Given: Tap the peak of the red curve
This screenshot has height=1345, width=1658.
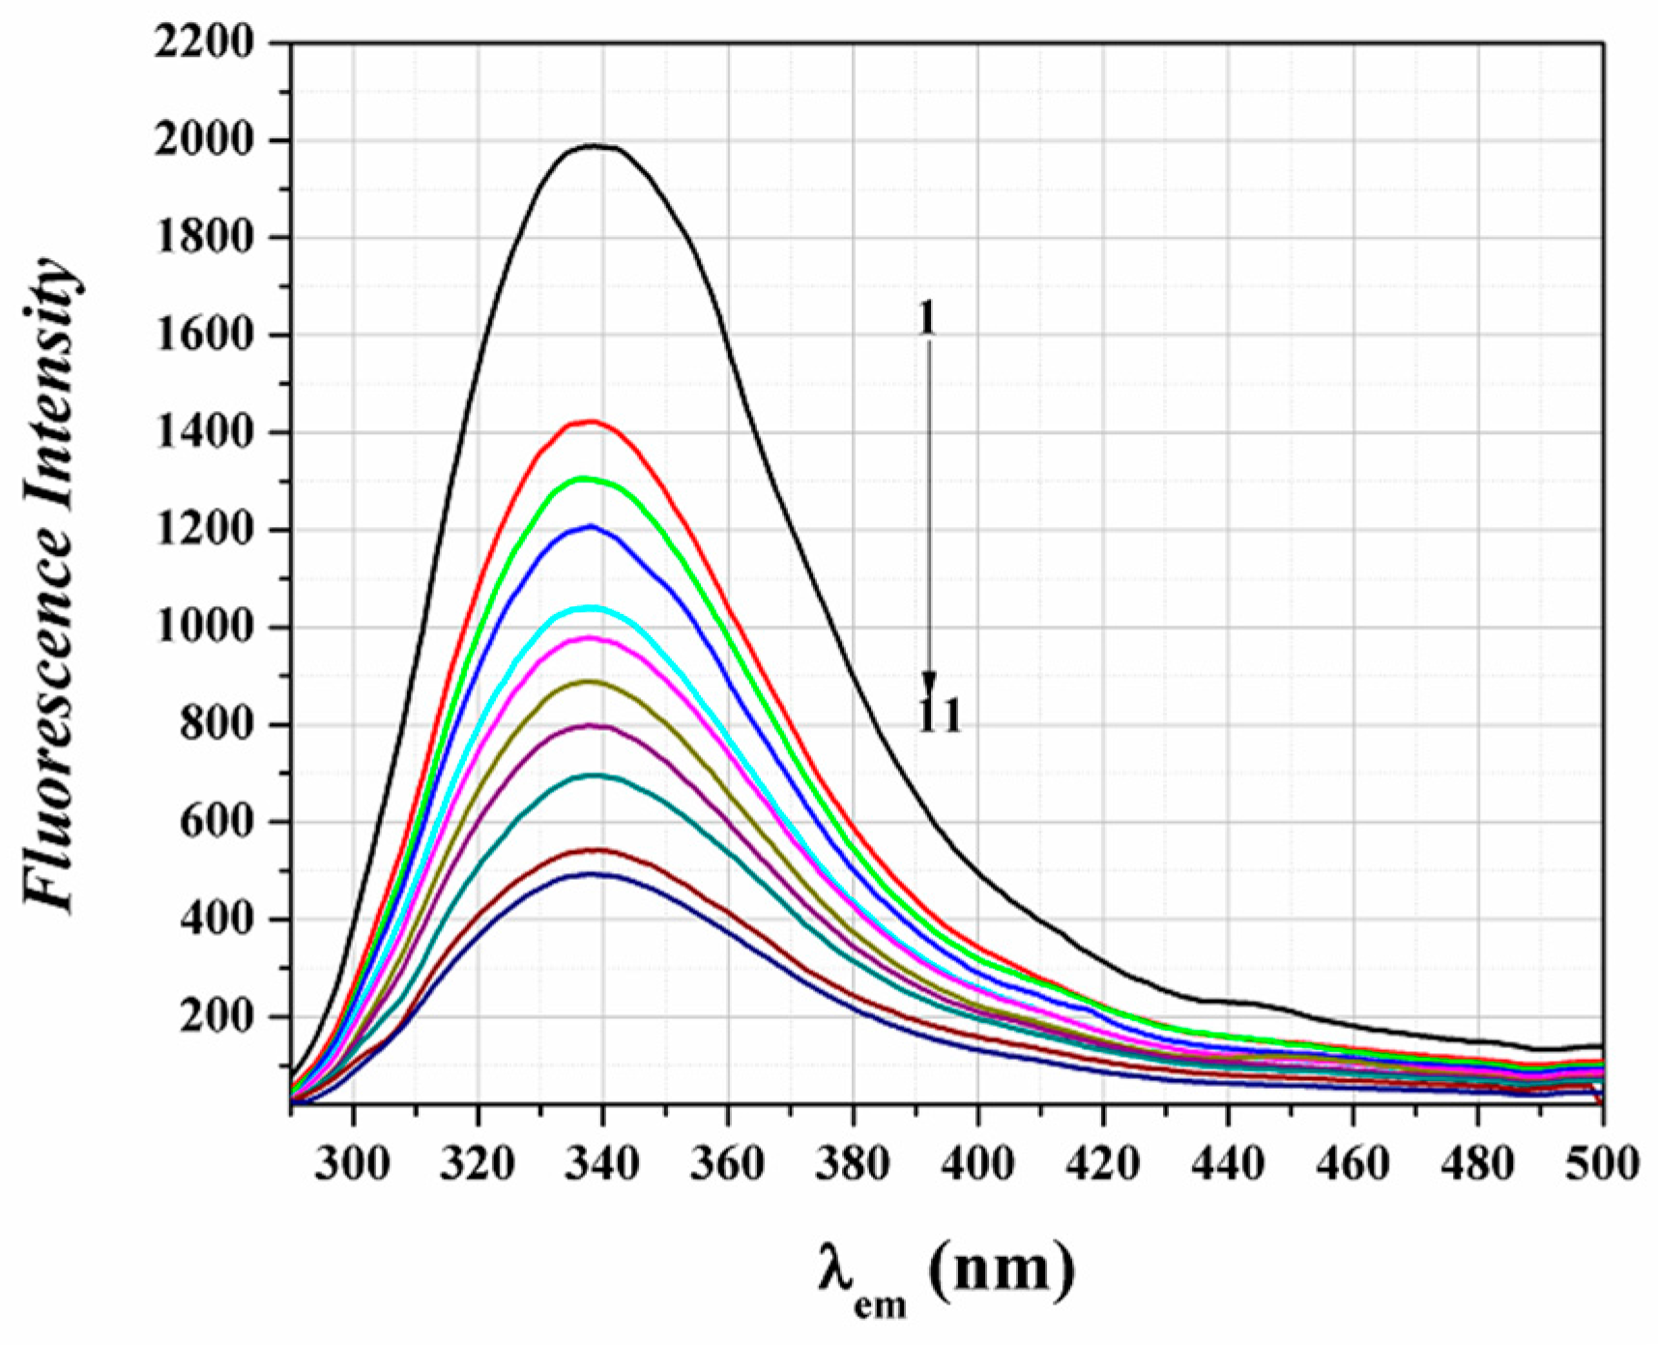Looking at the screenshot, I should tap(591, 421).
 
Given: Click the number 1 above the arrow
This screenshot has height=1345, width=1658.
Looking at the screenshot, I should tap(926, 319).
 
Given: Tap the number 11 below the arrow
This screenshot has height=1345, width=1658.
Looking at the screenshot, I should tap(940, 716).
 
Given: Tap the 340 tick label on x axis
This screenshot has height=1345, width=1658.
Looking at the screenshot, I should tap(602, 1163).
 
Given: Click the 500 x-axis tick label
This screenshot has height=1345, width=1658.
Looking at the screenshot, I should tap(1602, 1163).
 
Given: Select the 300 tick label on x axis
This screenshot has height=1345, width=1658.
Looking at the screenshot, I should tap(353, 1163).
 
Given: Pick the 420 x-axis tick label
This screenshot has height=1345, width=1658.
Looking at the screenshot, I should tap(1102, 1163).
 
